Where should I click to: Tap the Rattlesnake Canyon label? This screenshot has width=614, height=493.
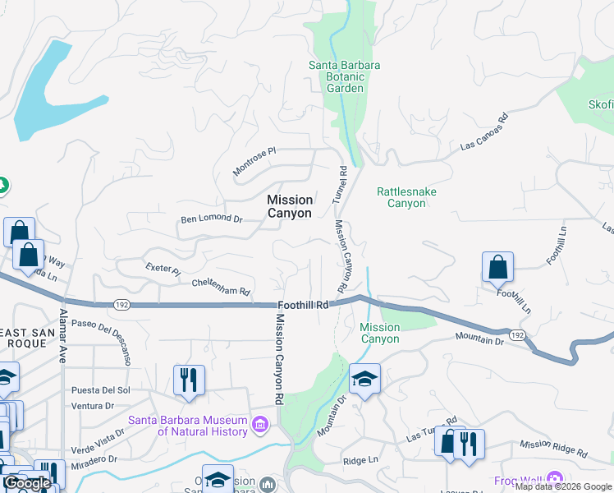tap(406, 197)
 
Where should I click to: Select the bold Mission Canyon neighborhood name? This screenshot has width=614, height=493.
tap(290, 206)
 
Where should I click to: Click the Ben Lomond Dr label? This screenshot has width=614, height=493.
tap(212, 219)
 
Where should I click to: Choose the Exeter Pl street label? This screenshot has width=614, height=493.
tap(162, 269)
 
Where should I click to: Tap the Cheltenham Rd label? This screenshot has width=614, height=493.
tap(221, 286)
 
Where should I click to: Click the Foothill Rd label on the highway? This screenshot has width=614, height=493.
tap(303, 305)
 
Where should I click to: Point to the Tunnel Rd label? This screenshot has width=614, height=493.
tap(339, 185)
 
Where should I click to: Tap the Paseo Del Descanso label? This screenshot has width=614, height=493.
tap(102, 342)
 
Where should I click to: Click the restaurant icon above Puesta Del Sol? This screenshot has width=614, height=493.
tap(189, 380)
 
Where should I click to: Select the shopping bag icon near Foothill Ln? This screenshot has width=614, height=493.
tap(497, 267)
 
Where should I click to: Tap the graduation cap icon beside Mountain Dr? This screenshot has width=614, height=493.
tap(364, 379)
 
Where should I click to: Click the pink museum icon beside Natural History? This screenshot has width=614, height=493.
tap(260, 425)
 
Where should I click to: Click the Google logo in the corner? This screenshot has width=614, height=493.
tap(27, 483)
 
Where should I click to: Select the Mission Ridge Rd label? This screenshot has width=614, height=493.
tap(553, 449)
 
